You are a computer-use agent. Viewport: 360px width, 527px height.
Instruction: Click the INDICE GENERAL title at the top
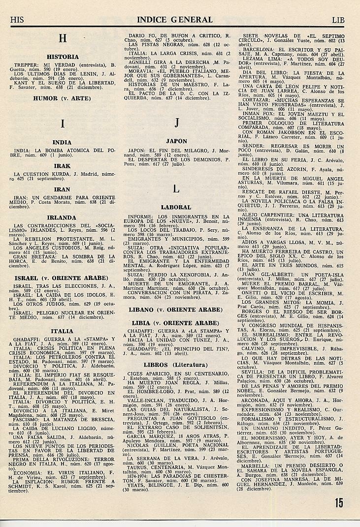175,20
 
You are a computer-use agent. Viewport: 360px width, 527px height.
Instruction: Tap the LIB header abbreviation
338,20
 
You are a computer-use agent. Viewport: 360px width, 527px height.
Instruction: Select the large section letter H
62,38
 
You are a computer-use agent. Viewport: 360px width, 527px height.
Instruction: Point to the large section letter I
62,124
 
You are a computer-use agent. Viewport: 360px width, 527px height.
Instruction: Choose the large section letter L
176,188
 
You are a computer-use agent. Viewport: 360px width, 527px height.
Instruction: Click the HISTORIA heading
62,57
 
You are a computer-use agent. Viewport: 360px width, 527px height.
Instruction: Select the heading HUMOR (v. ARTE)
62,98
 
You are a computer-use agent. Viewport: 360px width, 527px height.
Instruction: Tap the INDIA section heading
62,142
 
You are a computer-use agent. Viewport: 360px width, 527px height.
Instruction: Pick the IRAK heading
62,166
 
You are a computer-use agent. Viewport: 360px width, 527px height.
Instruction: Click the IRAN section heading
62,189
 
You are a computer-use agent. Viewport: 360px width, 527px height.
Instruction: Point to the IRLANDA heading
62,217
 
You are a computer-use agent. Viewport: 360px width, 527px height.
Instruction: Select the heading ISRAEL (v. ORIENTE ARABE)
62,278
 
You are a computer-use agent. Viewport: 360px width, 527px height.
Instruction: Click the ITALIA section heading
62,331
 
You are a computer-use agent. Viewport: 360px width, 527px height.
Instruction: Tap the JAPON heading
176,141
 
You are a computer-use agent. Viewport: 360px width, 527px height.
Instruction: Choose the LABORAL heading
176,208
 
